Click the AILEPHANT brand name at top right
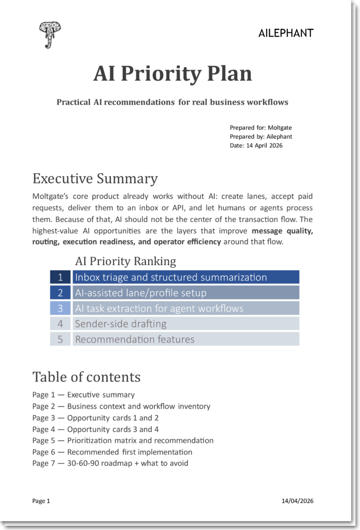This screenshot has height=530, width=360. pyautogui.click(x=285, y=34)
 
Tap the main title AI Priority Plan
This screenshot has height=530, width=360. pyautogui.click(x=172, y=73)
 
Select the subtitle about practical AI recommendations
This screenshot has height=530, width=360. pyautogui.click(x=172, y=102)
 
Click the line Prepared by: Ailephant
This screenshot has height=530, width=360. pyautogui.click(x=261, y=137)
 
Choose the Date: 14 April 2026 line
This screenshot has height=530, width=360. pyautogui.click(x=256, y=145)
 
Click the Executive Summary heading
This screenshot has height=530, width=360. pyautogui.click(x=95, y=179)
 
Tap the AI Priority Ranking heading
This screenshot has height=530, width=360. pyautogui.click(x=125, y=261)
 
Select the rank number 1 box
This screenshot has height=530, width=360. pyautogui.click(x=60, y=277)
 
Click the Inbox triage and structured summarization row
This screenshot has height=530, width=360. pyautogui.click(x=185, y=277)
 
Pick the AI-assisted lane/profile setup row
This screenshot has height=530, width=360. pyautogui.click(x=185, y=293)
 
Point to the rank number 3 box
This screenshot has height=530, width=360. pyautogui.click(x=60, y=308)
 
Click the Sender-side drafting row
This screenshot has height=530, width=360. pyautogui.click(x=185, y=324)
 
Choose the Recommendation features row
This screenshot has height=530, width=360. pyautogui.click(x=185, y=340)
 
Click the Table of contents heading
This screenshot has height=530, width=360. pyautogui.click(x=87, y=376)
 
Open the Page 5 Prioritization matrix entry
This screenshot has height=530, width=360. pyautogui.click(x=123, y=440)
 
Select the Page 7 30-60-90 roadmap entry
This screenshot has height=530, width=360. pyautogui.click(x=110, y=463)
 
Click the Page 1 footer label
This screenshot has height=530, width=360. pyautogui.click(x=41, y=501)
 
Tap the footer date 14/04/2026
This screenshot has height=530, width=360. pyautogui.click(x=297, y=501)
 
